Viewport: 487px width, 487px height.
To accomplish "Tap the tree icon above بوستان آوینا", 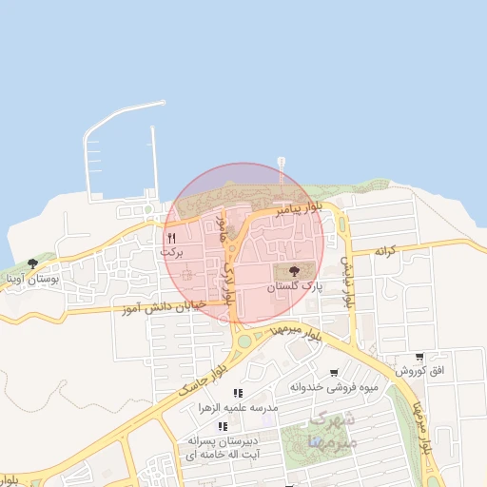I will coord(33,263).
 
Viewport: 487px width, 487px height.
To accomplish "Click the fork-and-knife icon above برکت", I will coord(171,237).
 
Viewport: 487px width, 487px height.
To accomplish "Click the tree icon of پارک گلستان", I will coord(292,271).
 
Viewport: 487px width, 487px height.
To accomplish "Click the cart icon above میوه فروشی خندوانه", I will coord(333,372).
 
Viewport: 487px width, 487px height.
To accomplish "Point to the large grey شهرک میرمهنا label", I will coord(333,431).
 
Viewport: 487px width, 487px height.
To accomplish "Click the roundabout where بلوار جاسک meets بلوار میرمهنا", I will coord(245,341).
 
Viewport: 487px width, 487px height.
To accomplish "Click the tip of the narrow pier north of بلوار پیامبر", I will coord(281,160).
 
